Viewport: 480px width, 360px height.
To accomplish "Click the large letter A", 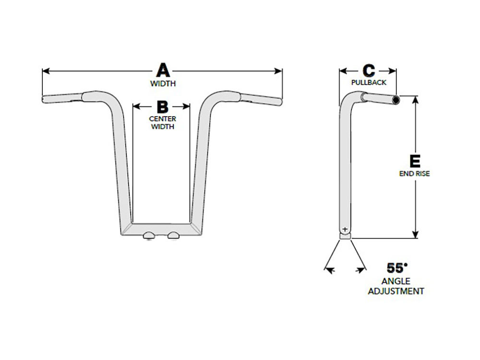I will pos(163,71).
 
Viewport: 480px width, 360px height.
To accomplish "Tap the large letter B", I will pos(162,106).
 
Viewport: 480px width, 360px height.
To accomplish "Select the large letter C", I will pos(368,71).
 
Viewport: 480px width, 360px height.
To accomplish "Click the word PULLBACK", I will pos(369,83).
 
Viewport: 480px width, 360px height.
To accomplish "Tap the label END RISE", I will pos(415,174).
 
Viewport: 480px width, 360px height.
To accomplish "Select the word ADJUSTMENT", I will pos(396,291).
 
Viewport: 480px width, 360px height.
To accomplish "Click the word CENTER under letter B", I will pos(162,119).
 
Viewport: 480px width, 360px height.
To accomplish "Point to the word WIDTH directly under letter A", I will pos(163,83).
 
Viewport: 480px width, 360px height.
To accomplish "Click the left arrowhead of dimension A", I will pos(45,71).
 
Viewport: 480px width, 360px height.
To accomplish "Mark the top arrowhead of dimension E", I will pos(416,97).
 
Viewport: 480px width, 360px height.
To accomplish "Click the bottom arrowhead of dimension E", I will pos(416,236).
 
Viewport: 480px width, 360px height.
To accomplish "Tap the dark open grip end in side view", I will pos(396,100).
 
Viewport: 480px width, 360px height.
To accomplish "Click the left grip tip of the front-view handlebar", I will pos(44,99).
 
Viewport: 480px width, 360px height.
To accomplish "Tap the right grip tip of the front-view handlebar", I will pos(279,101).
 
